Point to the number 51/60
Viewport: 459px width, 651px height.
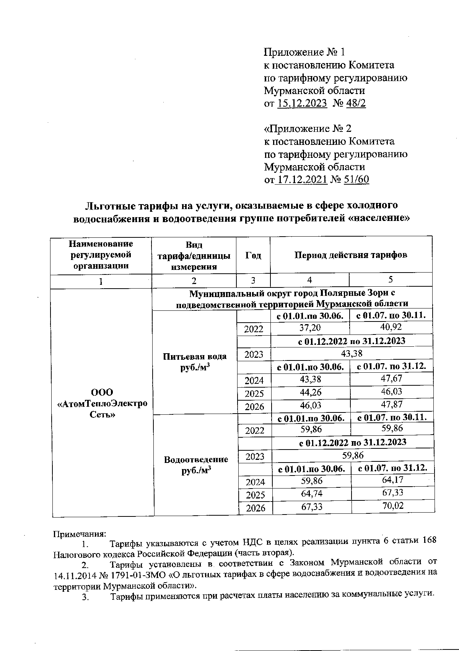pos(356,180)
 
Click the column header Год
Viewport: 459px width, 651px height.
pos(253,255)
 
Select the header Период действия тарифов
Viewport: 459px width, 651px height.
pos(351,255)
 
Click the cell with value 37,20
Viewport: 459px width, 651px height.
pos(310,328)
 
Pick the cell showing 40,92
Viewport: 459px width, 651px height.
pos(391,327)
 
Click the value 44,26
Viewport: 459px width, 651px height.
pos(311,392)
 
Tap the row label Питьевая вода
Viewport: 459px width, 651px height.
pos(194,356)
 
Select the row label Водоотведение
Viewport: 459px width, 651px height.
pos(196,459)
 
